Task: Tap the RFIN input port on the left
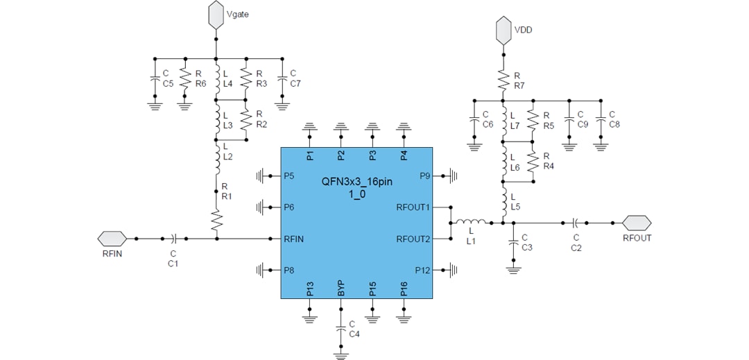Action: coord(112,239)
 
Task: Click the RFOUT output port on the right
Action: coord(637,223)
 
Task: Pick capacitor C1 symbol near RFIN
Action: coord(173,239)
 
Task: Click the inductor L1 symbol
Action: coord(471,223)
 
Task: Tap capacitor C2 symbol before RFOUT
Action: coord(576,223)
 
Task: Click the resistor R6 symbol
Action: coord(184,78)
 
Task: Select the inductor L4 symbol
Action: coord(216,75)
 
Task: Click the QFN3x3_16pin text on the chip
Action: coord(356,182)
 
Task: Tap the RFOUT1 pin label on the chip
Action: coord(413,207)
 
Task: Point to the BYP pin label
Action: coord(341,289)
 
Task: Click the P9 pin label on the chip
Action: coord(424,176)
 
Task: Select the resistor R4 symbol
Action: coord(533,162)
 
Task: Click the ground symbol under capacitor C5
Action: coord(154,105)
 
